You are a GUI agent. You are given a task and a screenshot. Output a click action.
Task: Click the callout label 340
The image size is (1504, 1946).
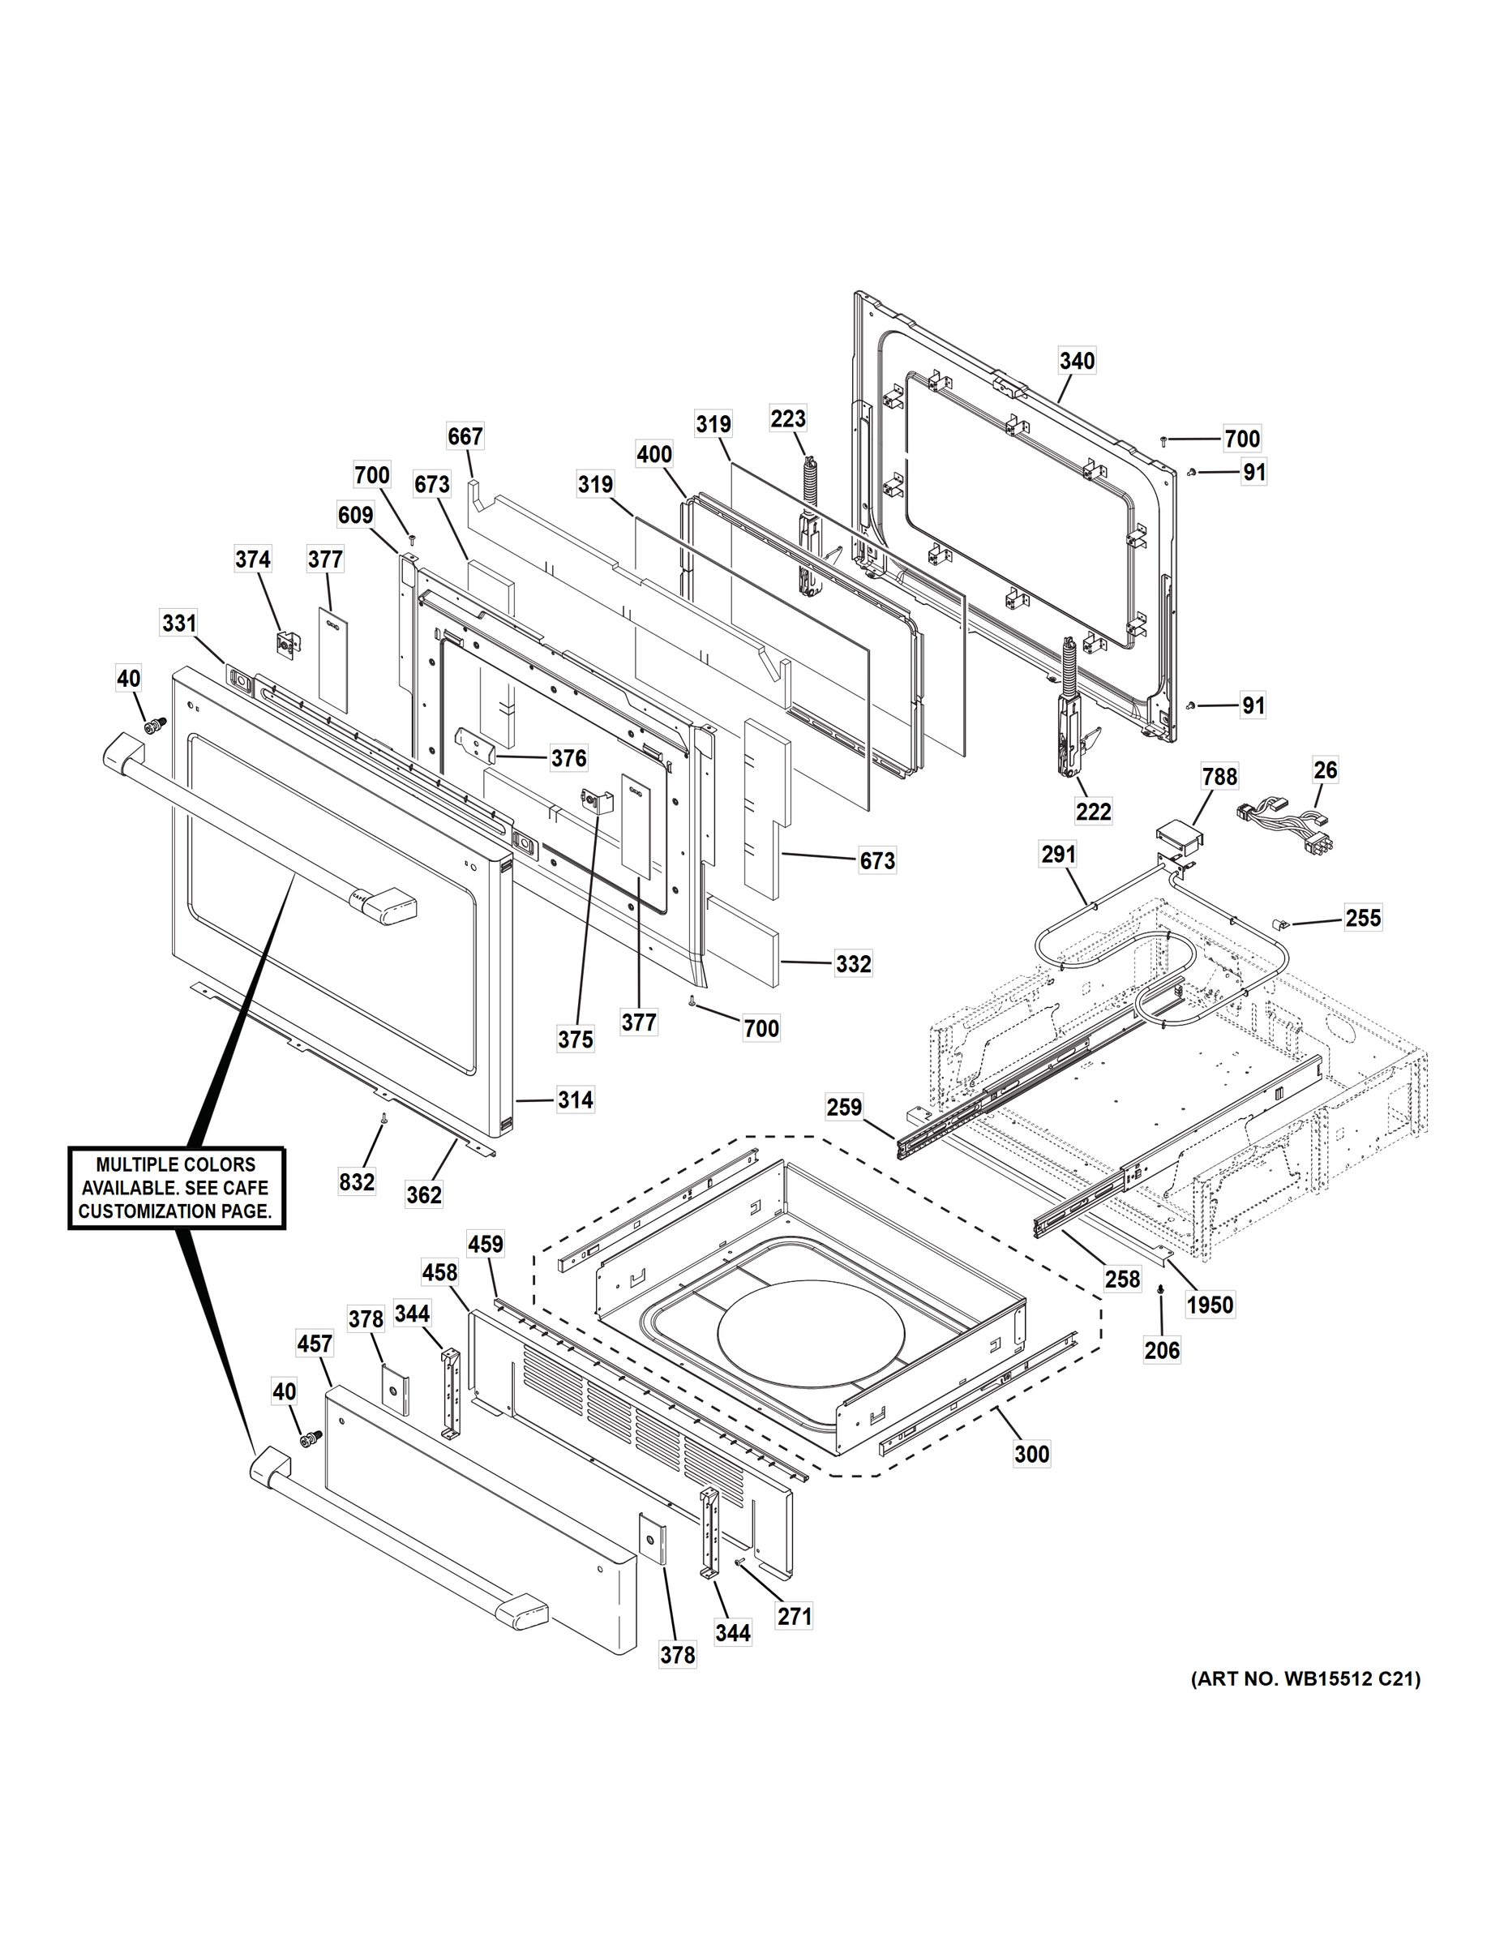(1077, 361)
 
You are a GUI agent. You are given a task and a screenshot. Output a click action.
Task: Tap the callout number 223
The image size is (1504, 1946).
(787, 418)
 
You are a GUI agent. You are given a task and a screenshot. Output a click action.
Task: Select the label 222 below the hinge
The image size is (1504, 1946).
(1093, 811)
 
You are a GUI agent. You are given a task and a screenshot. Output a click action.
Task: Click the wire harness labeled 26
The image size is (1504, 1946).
(1279, 821)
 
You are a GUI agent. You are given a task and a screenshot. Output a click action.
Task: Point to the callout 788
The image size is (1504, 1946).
(1219, 777)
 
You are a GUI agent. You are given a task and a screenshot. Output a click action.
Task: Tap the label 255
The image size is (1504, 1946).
(1362, 918)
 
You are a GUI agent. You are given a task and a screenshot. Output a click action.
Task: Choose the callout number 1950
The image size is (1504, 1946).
(1210, 1305)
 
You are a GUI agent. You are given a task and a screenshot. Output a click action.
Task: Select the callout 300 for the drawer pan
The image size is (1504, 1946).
(1032, 1454)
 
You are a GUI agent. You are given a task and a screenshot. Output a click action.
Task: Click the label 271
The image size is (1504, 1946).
(794, 1615)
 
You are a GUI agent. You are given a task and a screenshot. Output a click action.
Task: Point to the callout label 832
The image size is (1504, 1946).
(357, 1182)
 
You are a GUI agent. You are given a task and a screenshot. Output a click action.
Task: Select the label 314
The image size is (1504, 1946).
(575, 1100)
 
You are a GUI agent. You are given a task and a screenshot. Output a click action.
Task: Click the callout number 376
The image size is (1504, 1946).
(568, 758)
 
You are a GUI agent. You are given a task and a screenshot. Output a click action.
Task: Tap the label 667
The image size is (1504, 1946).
(465, 436)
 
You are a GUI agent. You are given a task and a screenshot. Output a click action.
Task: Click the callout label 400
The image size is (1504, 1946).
(654, 454)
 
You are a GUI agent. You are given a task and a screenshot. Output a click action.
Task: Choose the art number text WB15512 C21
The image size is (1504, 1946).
(1305, 1679)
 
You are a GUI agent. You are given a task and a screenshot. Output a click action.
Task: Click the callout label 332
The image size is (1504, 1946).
(853, 964)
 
